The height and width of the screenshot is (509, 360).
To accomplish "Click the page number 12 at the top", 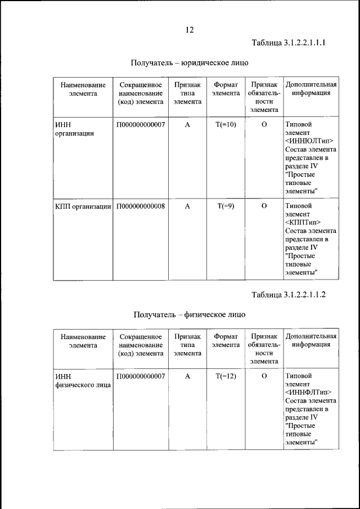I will (190, 30).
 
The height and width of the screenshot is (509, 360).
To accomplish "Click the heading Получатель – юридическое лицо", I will (190, 62).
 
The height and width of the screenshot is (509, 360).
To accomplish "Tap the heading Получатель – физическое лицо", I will (190, 314).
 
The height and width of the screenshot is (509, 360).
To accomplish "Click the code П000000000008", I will (141, 206).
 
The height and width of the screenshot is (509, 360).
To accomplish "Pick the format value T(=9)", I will (226, 206).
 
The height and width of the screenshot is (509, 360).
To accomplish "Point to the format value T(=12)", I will (226, 376).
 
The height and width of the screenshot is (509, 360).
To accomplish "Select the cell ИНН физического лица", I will (82, 381).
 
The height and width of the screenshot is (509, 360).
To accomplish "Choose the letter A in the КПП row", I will (187, 206).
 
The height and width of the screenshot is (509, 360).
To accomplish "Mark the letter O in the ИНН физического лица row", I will (264, 376).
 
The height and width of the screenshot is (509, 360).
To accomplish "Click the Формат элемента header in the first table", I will (226, 89).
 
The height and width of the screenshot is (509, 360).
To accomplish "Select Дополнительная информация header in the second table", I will (311, 340).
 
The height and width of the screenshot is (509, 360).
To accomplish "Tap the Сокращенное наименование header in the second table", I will (141, 345).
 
